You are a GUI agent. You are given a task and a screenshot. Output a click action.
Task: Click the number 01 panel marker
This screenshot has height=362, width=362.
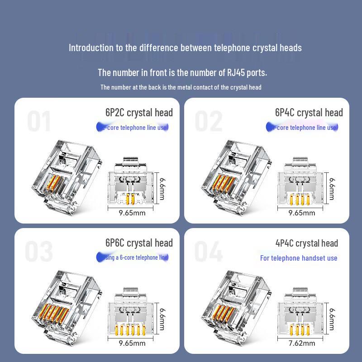point(39,121)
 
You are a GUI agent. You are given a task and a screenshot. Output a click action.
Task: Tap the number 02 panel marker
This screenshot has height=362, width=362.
point(209,121)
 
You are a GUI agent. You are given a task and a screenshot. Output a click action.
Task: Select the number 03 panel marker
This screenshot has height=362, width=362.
point(39,252)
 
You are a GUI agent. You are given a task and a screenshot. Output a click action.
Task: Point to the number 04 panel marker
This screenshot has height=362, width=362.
point(209,252)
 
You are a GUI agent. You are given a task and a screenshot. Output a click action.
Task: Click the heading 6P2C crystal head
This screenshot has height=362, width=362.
point(139,113)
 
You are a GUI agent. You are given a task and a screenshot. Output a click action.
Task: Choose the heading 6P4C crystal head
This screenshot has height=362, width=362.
point(309,113)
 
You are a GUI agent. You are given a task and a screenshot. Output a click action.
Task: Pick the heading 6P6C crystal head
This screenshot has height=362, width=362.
point(139,243)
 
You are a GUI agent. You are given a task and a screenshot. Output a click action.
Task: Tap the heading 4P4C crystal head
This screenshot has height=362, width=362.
point(306,243)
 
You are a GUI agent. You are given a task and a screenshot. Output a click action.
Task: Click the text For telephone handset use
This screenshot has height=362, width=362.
point(299,258)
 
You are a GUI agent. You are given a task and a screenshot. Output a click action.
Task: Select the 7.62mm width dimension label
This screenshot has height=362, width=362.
point(302,343)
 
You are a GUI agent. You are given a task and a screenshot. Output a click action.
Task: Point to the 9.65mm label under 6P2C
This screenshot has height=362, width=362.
point(132,213)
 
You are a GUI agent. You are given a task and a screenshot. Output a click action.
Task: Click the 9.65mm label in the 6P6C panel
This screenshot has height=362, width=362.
point(132,343)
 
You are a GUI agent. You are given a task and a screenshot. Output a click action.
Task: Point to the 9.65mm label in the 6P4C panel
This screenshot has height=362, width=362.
point(302,213)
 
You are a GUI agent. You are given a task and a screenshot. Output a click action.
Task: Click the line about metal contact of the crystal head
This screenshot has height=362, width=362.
point(181,87)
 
